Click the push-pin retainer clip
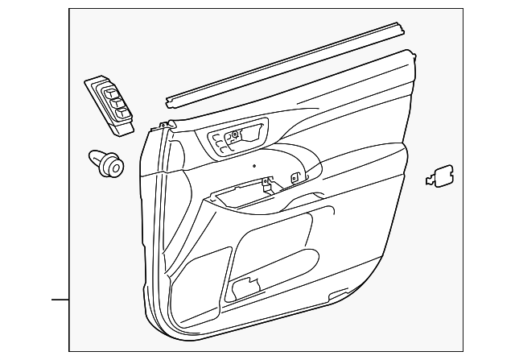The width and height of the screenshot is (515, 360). click(106, 163)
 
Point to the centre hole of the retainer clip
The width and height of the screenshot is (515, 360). click(113, 168)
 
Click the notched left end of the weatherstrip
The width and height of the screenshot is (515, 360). click(171, 101)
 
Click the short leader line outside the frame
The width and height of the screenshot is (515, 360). click(61, 300)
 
